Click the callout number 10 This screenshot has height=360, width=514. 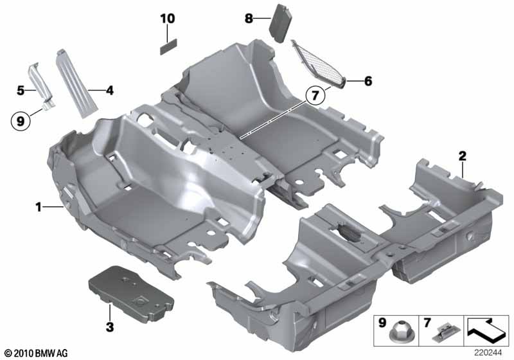168,19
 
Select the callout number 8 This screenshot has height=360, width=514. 249,19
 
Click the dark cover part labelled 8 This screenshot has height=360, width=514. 281,23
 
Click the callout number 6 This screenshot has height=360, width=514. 368,81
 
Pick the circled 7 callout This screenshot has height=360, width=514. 315,95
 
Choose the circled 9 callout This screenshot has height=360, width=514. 21,122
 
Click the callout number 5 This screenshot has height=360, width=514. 21,90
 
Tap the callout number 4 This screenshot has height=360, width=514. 109,90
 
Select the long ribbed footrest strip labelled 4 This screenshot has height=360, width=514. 77,84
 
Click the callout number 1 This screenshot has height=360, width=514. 39,207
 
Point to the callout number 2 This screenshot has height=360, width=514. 462,156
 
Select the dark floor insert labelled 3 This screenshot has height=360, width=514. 131,294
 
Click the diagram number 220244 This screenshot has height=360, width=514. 488,353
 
